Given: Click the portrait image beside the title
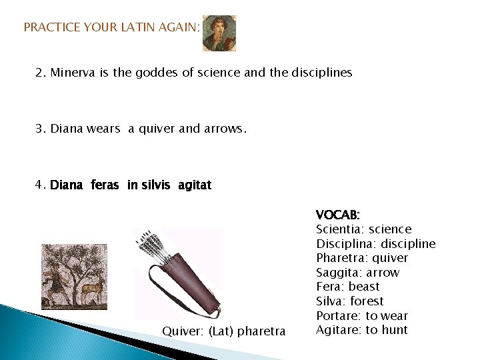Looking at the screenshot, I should [219, 33].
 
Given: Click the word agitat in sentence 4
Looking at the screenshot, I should [195, 185].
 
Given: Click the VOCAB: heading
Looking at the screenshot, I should [337, 215].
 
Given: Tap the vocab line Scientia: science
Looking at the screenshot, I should [363, 229].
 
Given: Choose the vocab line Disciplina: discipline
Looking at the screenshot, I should [375, 244].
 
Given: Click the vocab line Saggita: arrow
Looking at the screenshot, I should [357, 273].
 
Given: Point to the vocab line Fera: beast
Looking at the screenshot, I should [347, 287].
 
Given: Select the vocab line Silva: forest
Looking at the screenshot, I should [349, 301].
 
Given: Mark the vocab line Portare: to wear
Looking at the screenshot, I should [361, 316].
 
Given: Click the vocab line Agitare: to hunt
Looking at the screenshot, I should [361, 330].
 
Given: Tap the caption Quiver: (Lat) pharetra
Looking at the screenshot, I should [224, 331].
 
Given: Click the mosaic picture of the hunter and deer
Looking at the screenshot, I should [74, 276].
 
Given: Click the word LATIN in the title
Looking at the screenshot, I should [137, 27].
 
